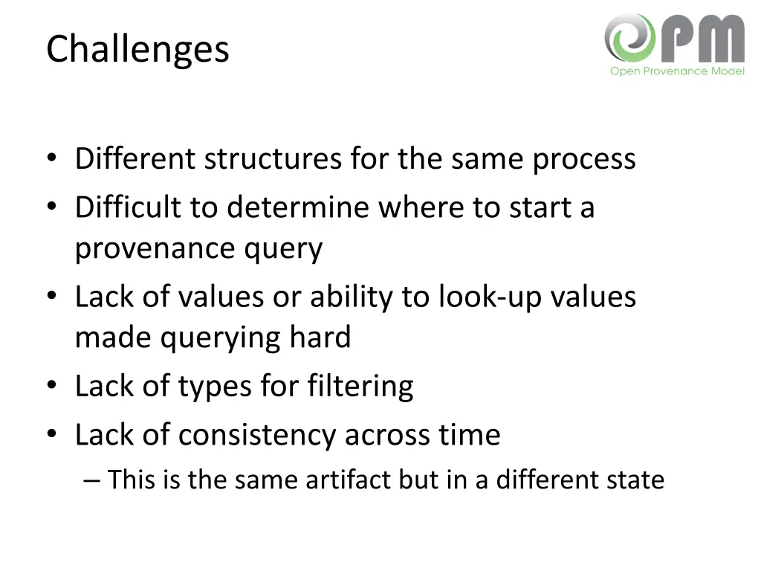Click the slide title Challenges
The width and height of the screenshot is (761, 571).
pos(137,50)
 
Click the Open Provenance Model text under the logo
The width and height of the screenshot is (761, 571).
pos(676,71)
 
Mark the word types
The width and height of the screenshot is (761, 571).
pos(216,386)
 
